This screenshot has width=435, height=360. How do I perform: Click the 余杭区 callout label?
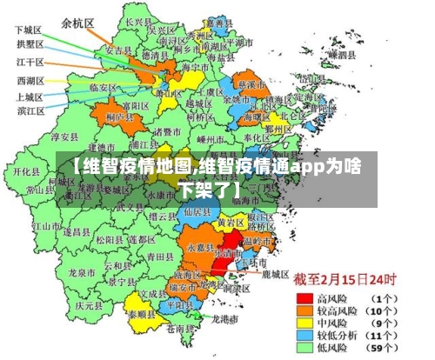(x=78, y=23)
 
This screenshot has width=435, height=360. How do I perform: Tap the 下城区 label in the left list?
(x=29, y=29)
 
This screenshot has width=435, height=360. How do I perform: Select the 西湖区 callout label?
(x=29, y=81)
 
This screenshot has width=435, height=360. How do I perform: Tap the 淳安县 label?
(x=66, y=137)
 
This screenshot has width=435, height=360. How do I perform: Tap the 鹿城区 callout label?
(x=275, y=273)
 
